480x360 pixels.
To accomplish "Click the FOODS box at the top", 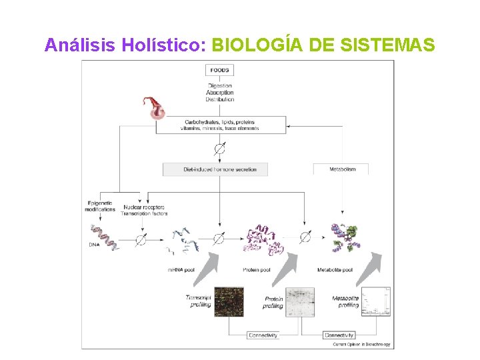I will (x=220, y=70).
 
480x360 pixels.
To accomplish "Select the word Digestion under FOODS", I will (x=220, y=86).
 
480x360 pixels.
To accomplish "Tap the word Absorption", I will (x=220, y=93).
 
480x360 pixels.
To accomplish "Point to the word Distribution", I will (x=220, y=99).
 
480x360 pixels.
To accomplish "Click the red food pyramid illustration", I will (x=157, y=107).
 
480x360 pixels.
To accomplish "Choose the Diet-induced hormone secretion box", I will (x=215, y=169).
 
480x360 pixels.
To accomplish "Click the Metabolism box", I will (x=343, y=169).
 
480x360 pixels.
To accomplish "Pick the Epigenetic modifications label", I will (x=100, y=205).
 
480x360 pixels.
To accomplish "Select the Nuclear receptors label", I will (x=143, y=207).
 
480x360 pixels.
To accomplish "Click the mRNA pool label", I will (x=181, y=270).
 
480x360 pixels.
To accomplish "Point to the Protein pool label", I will (x=257, y=270).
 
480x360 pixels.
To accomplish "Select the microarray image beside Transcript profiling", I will (x=229, y=301).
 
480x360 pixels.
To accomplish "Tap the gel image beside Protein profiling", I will (x=300, y=302).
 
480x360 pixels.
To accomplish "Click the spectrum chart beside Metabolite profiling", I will (x=376, y=301).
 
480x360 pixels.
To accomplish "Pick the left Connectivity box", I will (x=263, y=335).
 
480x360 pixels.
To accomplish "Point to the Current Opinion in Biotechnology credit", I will (x=362, y=345).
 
